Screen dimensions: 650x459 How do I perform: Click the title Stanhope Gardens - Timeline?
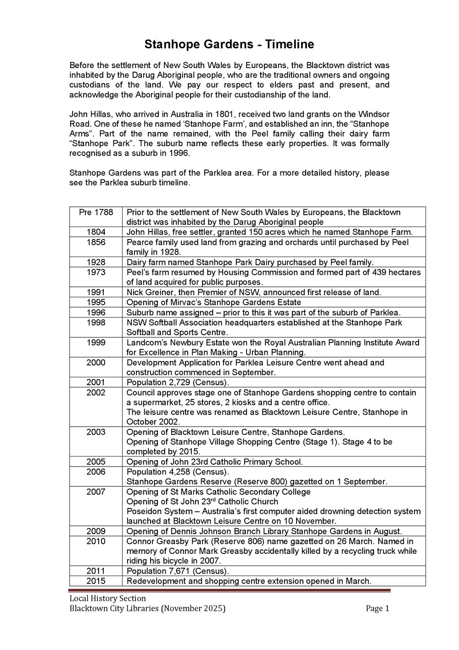(229, 45)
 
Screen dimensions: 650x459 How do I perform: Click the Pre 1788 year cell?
(95, 212)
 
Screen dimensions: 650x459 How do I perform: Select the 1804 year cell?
(95, 232)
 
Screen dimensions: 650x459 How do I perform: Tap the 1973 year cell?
(95, 272)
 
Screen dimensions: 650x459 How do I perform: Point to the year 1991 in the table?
(95, 292)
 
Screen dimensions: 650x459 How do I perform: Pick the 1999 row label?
(95, 342)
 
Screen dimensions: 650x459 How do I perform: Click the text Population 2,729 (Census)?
(178, 382)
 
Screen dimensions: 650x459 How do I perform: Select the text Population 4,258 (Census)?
(178, 472)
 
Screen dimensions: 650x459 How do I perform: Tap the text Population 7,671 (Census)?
(178, 571)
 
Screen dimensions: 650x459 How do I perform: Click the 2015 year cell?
(95, 581)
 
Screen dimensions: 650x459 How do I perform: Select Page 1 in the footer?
(377, 609)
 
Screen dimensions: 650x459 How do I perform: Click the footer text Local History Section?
(107, 599)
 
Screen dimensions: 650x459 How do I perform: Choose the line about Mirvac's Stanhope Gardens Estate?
(213, 302)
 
